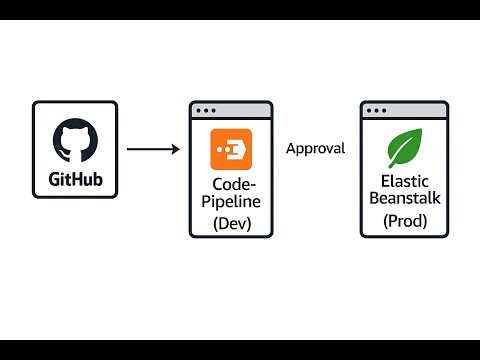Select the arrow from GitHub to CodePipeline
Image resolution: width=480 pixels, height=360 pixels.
click(152, 150)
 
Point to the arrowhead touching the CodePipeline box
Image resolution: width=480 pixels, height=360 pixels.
click(175, 150)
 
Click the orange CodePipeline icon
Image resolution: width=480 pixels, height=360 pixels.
click(230, 149)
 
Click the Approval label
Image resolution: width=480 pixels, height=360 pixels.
click(315, 149)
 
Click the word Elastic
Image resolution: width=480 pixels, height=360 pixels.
click(404, 181)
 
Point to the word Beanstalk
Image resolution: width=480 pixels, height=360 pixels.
click(404, 199)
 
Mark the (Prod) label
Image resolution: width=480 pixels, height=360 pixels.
click(404, 221)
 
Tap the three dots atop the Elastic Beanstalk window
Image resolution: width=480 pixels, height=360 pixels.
click(376, 109)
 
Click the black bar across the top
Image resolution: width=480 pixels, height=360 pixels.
click(240, 10)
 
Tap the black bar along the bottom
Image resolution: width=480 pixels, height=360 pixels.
click(240, 349)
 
